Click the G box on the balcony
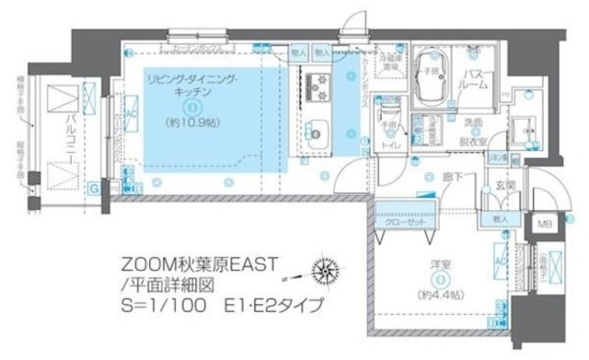(93, 191)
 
